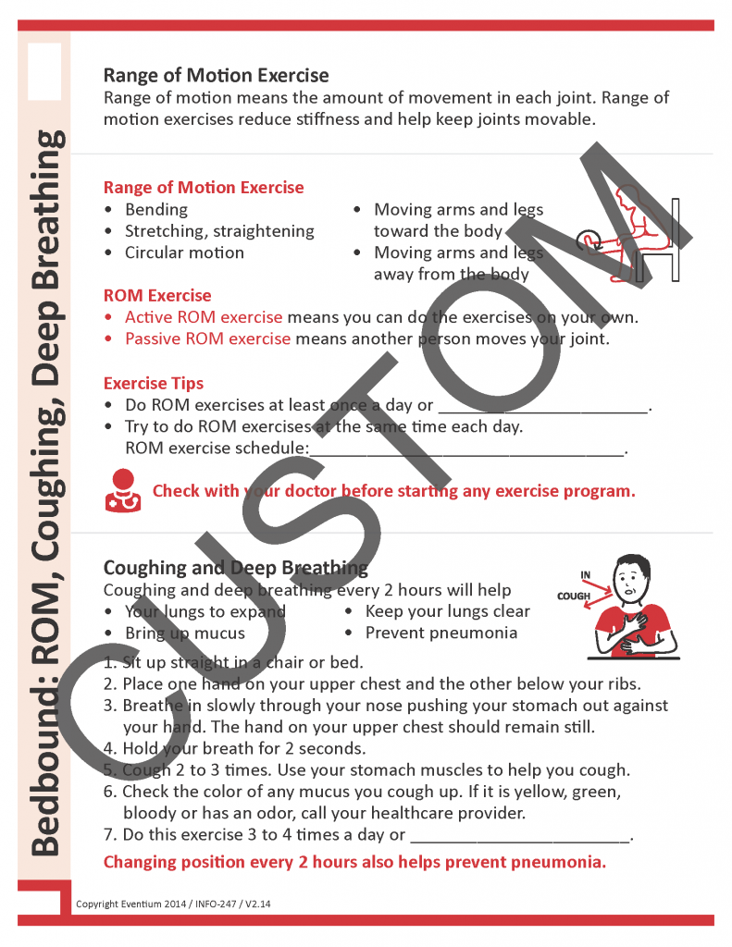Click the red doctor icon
coord(122,490)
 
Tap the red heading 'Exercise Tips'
coord(154,383)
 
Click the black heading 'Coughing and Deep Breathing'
coord(235,567)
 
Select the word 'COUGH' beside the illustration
coord(574,596)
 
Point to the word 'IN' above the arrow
coord(586,575)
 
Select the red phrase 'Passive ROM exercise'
coord(207,338)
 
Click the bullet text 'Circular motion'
coord(184,252)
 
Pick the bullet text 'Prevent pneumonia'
coord(440,633)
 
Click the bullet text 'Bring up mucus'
coord(185,633)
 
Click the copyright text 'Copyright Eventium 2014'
coord(135,903)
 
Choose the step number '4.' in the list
coord(110,748)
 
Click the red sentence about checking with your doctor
coord(393,490)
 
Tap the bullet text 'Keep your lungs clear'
coord(447,611)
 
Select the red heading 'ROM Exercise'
coord(157,296)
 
